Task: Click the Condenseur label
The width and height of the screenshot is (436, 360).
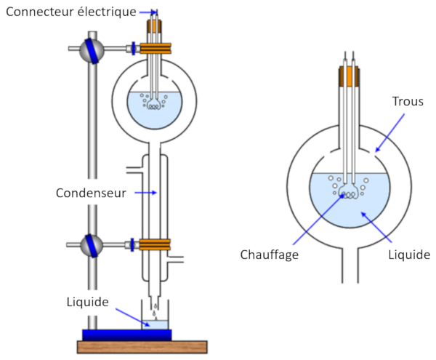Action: click(x=92, y=193)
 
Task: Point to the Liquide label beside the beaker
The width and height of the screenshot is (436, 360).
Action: click(x=88, y=301)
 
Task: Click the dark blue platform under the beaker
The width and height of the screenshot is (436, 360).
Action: click(x=127, y=334)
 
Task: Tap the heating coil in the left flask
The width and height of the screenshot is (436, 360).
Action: click(x=154, y=105)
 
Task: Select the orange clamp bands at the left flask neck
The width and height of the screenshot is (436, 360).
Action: click(x=154, y=49)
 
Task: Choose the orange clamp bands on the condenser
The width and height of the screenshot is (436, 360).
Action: click(x=155, y=246)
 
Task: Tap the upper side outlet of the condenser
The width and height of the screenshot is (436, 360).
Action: click(x=133, y=171)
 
